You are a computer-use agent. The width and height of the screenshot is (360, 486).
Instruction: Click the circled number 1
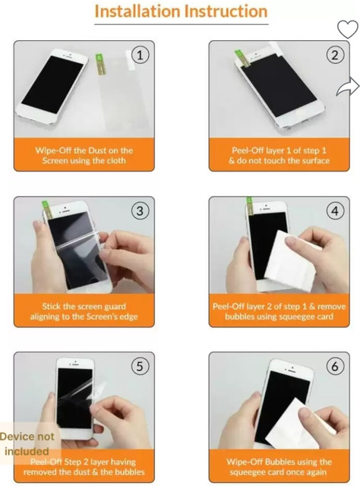tap(141, 55)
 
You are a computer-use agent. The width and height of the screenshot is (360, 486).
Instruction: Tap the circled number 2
tap(335, 55)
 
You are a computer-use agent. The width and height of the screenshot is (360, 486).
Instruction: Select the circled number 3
tap(141, 211)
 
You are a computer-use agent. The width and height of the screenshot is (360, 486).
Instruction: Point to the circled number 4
tap(335, 211)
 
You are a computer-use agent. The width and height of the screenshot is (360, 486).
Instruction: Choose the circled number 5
tap(141, 366)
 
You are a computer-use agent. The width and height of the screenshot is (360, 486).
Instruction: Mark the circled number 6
tap(335, 366)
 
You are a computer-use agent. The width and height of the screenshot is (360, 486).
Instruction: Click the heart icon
tap(348, 29)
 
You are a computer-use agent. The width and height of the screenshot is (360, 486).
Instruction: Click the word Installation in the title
tap(137, 11)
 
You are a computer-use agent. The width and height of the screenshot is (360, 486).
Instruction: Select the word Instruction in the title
tap(226, 11)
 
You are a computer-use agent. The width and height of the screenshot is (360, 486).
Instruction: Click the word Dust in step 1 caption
tap(98, 150)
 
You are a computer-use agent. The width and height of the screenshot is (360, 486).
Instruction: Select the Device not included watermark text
tap(27, 443)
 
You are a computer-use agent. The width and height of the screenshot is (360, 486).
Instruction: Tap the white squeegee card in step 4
tap(291, 260)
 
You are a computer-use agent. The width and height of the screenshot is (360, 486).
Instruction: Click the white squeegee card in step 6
tap(293, 425)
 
